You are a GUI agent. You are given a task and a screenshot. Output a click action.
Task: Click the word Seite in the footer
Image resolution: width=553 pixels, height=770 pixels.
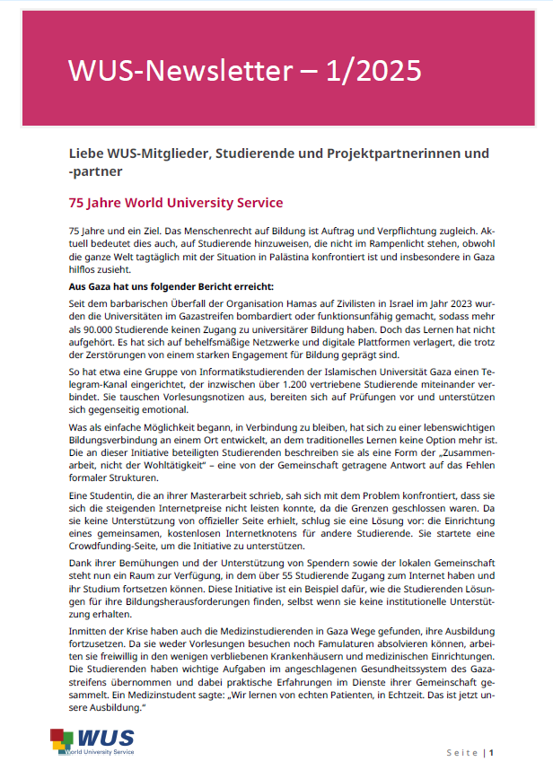462,751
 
